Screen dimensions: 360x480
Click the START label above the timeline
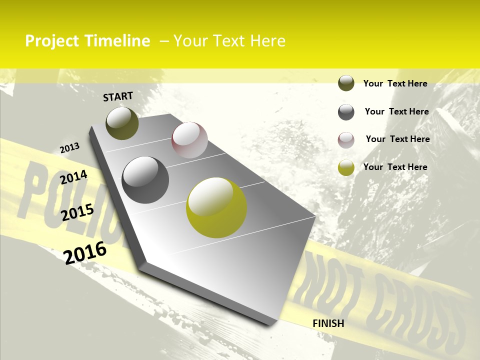pyautogui.click(x=118, y=96)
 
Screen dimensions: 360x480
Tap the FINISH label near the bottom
pyautogui.click(x=328, y=323)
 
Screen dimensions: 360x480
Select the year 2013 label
pyautogui.click(x=69, y=148)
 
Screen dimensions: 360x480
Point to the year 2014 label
pyautogui.click(x=73, y=177)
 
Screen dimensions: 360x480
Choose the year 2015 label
pyautogui.click(x=77, y=212)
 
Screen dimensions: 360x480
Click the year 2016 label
pyautogui.click(x=85, y=252)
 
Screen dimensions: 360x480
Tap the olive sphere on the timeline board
pyautogui.click(x=122, y=123)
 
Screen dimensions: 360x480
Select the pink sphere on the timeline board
pyautogui.click(x=189, y=140)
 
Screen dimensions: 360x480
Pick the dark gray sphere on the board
pyautogui.click(x=145, y=180)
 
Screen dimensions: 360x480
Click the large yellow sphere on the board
pyautogui.click(x=216, y=207)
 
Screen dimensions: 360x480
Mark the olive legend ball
pyautogui.click(x=346, y=83)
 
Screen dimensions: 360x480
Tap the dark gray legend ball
pyautogui.click(x=346, y=112)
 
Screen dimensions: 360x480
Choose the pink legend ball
pyautogui.click(x=346, y=140)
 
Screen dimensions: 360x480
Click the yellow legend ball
pyautogui.click(x=346, y=167)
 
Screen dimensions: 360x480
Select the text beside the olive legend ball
pyautogui.click(x=395, y=83)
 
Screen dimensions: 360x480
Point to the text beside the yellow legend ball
pyautogui.click(x=395, y=167)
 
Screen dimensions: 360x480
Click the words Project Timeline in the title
pyautogui.click(x=87, y=41)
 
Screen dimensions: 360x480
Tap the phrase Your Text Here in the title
pyautogui.click(x=229, y=41)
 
